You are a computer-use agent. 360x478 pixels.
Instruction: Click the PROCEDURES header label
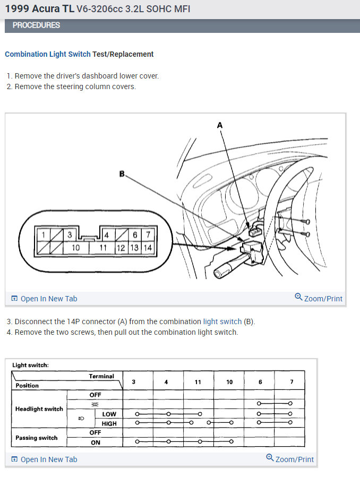(36, 25)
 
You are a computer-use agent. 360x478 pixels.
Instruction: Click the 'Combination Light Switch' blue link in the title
(48, 54)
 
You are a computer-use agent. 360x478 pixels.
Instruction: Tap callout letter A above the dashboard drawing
(220, 125)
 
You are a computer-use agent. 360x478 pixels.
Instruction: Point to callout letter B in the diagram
(122, 173)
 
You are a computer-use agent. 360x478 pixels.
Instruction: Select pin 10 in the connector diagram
(76, 247)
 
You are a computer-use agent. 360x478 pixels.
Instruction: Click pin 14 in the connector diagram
(148, 247)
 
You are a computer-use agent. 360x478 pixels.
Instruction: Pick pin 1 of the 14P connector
(42, 235)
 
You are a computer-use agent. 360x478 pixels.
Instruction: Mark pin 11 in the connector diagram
(104, 247)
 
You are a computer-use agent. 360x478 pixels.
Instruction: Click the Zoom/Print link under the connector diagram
(319, 298)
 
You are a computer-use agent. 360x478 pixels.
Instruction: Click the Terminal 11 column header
(198, 381)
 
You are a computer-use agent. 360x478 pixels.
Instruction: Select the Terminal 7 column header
(290, 381)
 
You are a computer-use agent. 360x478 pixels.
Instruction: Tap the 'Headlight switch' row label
(39, 409)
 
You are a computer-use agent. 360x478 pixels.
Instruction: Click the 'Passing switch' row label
(37, 438)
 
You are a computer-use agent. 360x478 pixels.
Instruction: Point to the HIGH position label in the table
(109, 423)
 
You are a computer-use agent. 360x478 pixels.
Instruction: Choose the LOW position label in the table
(109, 414)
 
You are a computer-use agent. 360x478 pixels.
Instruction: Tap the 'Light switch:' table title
(30, 365)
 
